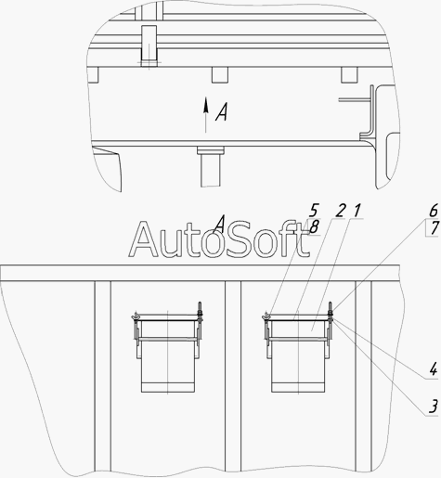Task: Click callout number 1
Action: [357, 211]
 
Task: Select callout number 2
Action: [340, 211]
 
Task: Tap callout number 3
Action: [434, 407]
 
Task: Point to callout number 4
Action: [434, 369]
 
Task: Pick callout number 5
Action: [313, 211]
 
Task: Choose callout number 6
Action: [434, 211]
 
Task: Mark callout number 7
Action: [435, 228]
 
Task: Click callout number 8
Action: [314, 228]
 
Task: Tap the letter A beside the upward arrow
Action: [222, 112]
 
